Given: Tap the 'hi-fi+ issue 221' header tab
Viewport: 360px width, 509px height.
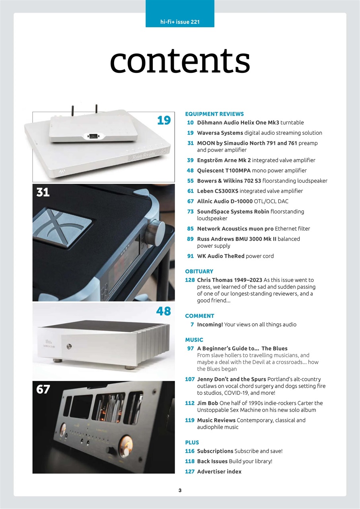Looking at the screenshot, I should [x=180, y=22].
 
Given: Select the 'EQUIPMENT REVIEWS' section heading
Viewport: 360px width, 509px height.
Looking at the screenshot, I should [x=214, y=114].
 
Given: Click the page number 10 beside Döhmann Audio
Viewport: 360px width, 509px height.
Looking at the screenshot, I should [x=190, y=122].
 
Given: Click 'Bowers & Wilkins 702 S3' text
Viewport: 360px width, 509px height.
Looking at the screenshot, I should [x=229, y=181].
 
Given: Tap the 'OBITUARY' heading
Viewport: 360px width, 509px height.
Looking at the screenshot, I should [x=199, y=271].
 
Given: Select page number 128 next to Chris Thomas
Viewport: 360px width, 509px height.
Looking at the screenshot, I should [x=190, y=280].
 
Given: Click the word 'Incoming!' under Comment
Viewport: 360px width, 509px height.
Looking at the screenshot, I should [x=210, y=324].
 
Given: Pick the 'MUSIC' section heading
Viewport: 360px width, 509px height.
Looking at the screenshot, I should [x=194, y=340].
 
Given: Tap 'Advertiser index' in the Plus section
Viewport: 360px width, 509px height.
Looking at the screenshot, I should [x=219, y=472].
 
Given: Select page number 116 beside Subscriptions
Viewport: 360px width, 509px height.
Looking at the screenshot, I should [x=190, y=451].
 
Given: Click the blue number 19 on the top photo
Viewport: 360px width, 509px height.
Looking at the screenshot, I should [x=163, y=120].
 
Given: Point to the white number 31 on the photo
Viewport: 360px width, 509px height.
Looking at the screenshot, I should [x=43, y=192].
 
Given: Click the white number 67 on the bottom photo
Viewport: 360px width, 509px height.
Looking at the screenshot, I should [x=43, y=389].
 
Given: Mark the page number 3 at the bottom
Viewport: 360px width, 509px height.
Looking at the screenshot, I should [x=180, y=490].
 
